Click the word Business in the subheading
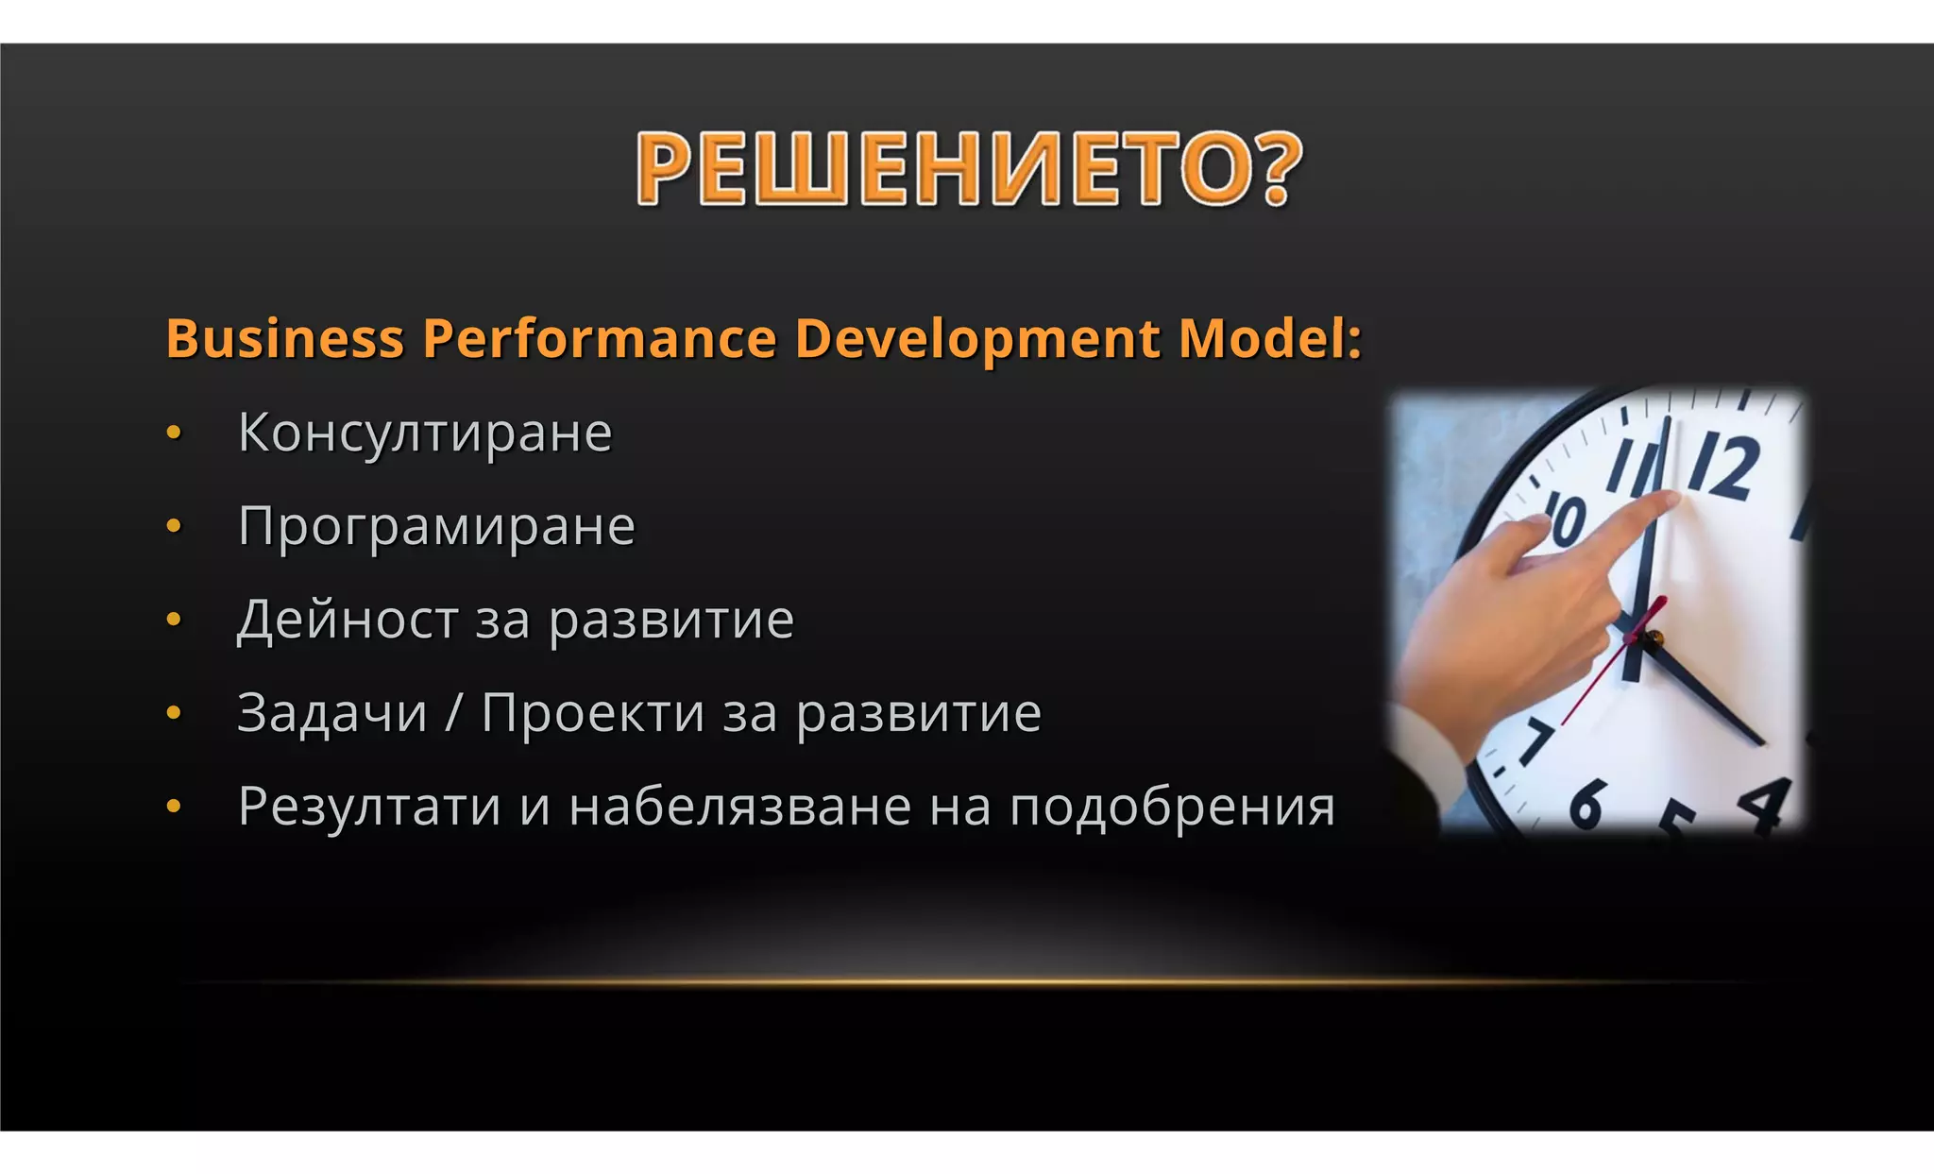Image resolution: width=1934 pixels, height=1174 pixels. coord(285,338)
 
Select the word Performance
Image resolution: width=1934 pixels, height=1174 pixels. coord(599,338)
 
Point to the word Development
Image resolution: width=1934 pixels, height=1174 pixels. coord(977,340)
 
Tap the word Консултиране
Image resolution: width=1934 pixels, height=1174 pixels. coord(425,434)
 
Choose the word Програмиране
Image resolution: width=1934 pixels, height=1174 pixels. coord(436,527)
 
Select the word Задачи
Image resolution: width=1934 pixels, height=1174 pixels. coord(332,713)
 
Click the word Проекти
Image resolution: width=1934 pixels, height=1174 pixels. coord(592,713)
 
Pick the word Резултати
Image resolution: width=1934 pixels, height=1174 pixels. coord(369,807)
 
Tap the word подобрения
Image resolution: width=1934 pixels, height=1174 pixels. coord(1172,808)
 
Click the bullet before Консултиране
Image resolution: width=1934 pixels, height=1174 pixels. coord(174,434)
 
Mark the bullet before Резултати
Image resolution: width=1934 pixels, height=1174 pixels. coord(174,807)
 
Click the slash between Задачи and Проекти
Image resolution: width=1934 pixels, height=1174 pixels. coord(454,713)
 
